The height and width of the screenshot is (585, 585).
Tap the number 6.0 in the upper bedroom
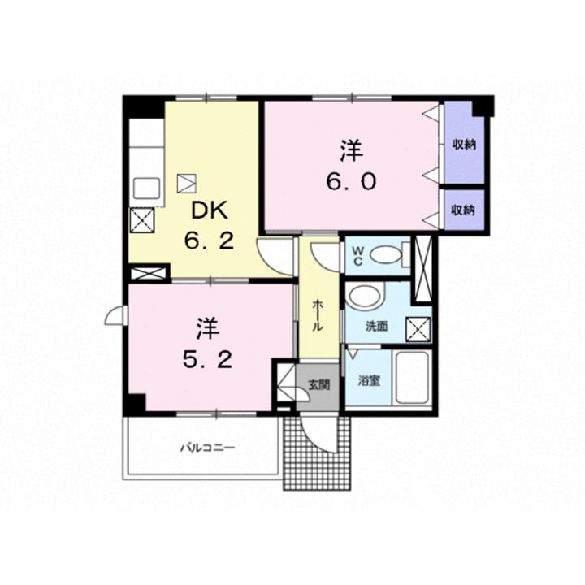[x=351, y=182]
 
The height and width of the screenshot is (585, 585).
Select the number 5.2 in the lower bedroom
[x=207, y=361]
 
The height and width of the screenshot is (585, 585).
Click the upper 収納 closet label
[x=464, y=145]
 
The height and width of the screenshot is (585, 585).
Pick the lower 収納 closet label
[x=463, y=210]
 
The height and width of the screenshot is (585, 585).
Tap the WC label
[x=357, y=256]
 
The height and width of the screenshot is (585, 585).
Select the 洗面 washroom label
[x=376, y=327]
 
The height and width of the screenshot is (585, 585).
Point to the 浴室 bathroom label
[x=369, y=381]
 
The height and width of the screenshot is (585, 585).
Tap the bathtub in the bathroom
[x=412, y=378]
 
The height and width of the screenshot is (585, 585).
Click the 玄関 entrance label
[x=319, y=384]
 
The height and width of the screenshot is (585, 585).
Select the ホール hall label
[x=317, y=315]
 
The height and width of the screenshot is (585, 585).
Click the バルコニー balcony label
[x=208, y=448]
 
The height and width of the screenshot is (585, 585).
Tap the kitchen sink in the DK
[x=147, y=188]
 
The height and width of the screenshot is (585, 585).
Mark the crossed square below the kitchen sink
[x=142, y=220]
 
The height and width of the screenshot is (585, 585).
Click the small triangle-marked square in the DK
[x=187, y=184]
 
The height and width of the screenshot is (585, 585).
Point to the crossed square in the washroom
[x=418, y=329]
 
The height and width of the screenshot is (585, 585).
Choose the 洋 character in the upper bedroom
[x=352, y=151]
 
